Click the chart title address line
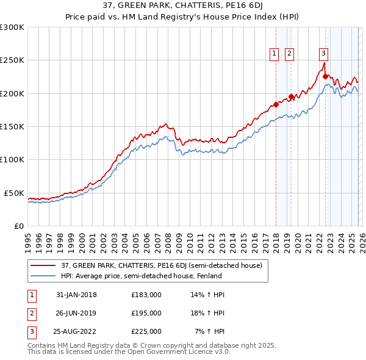[183, 7]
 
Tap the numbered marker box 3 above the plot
[323, 54]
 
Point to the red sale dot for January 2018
[276, 104]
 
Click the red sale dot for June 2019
[291, 96]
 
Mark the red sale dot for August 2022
[325, 76]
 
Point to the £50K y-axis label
[14, 193]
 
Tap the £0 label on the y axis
[18, 226]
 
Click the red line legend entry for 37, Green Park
[162, 266]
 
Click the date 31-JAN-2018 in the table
[76, 295]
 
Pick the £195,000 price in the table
[146, 313]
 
